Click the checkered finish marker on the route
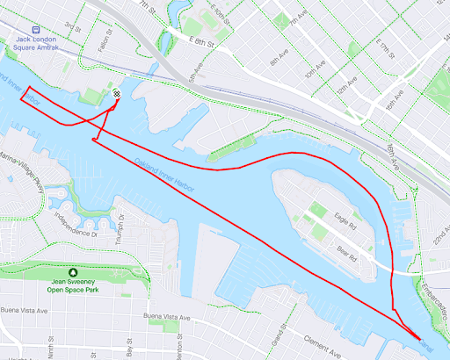coord(117,94)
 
